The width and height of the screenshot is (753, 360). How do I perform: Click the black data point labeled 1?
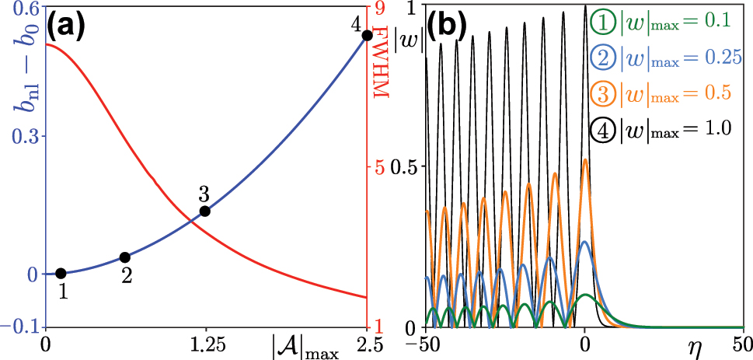[61, 273]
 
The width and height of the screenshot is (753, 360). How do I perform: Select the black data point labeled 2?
[125, 257]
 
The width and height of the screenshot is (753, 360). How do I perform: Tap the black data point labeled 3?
[205, 211]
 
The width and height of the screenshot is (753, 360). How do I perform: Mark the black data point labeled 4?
[367, 35]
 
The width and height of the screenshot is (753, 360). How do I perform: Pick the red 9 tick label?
[382, 9]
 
